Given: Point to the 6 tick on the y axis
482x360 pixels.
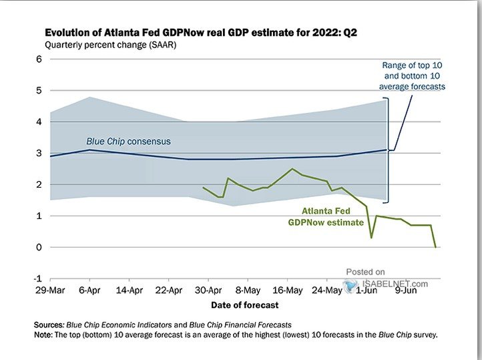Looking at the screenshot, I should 39,59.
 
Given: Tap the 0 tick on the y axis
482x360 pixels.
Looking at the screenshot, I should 39,247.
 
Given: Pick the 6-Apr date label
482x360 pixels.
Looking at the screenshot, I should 89,291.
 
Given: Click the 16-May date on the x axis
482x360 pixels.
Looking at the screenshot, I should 288,291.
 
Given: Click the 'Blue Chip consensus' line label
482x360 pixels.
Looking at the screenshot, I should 128,142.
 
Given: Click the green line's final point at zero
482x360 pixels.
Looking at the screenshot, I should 436,247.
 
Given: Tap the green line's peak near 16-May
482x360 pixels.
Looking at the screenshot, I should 292,169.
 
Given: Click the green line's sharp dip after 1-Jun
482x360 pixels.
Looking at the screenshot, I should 371,237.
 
